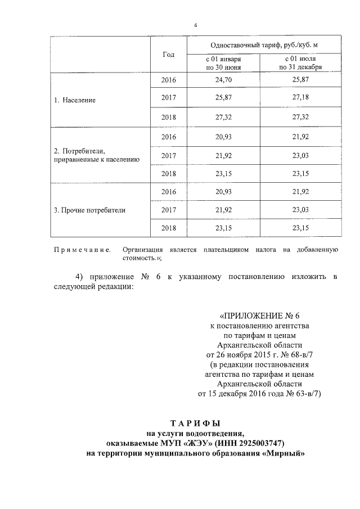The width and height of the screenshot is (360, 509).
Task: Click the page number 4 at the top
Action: pyautogui.click(x=195, y=25)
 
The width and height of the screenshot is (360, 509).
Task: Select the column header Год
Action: pyautogui.click(x=168, y=55)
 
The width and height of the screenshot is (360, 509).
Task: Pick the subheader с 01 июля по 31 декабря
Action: pyautogui.click(x=300, y=63)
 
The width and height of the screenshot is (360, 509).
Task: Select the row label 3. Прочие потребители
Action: pyautogui.click(x=89, y=210)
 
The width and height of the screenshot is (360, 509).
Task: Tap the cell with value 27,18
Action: pyautogui.click(x=300, y=98)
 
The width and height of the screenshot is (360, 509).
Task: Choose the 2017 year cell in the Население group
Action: pyautogui.click(x=168, y=98)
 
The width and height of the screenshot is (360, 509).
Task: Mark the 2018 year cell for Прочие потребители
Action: pyautogui.click(x=168, y=228)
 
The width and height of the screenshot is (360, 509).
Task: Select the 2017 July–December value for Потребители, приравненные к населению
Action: pyautogui.click(x=300, y=155)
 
